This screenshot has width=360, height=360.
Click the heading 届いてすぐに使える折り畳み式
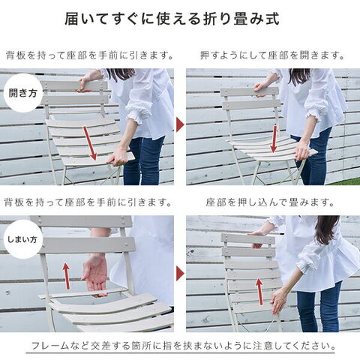click(172, 19)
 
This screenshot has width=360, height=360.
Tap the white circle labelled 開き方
click(23, 93)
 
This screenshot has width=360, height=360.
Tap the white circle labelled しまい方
click(23, 239)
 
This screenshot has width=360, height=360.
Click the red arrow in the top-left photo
click(90, 143)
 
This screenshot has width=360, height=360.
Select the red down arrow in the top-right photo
click(274, 139)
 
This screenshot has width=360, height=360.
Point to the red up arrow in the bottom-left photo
click(66, 276)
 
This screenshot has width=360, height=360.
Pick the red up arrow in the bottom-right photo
click(259, 292)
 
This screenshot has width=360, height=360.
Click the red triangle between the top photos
click(180, 124)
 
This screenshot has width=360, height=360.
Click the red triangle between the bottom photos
click(180, 274)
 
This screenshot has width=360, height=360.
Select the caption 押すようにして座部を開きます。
click(272, 55)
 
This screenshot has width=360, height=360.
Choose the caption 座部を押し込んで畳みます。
click(270, 202)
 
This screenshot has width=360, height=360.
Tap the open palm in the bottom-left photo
click(95, 274)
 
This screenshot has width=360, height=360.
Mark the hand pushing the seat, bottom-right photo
click(278, 301)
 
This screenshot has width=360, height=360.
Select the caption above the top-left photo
click(89, 55)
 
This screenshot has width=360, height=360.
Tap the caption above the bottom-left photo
click(88, 202)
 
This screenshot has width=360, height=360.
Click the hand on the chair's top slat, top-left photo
click(86, 83)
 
